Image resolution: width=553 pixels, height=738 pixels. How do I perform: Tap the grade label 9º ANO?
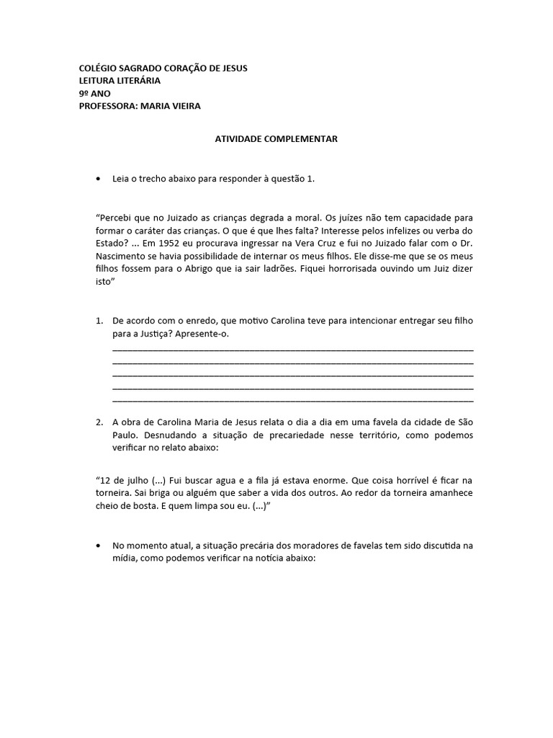95,94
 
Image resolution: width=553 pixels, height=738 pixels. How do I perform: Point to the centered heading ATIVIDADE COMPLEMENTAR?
276,139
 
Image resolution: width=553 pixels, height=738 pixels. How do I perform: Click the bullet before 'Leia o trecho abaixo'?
98,178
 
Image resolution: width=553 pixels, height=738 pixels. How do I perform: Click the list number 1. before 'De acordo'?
100,320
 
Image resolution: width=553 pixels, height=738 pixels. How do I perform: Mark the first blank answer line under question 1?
293,348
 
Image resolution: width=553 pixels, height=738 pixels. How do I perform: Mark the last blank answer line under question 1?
293,400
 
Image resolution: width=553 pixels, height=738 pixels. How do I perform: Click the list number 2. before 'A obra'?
100,422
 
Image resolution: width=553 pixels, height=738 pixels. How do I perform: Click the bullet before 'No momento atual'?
98,546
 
